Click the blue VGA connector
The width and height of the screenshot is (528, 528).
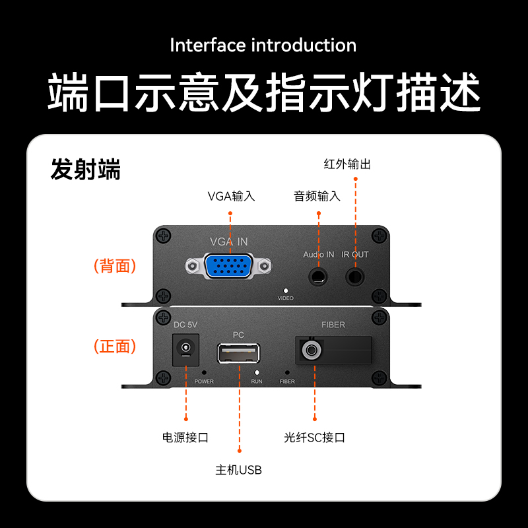pyautogui.click(x=228, y=266)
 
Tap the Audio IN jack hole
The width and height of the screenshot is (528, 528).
pyautogui.click(x=318, y=277)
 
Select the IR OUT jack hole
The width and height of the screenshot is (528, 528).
pyautogui.click(x=355, y=277)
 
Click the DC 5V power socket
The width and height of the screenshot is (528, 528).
pyautogui.click(x=185, y=350)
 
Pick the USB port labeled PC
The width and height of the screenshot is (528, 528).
pyautogui.click(x=238, y=353)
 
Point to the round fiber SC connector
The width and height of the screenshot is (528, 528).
pyautogui.click(x=311, y=350)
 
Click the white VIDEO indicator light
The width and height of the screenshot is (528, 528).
pyautogui.click(x=286, y=290)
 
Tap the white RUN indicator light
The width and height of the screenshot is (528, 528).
pyautogui.click(x=257, y=372)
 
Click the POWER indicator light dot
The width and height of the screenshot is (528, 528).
pyautogui.click(x=204, y=372)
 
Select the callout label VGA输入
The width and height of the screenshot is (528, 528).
pyautogui.click(x=232, y=196)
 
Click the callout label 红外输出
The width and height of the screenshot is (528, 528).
pyautogui.click(x=347, y=164)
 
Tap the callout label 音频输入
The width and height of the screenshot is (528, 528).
pyautogui.click(x=317, y=196)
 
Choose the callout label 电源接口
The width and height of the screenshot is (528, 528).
pyautogui.click(x=185, y=438)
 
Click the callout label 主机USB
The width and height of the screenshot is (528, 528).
pyautogui.click(x=238, y=470)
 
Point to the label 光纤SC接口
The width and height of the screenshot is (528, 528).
pyautogui.click(x=315, y=438)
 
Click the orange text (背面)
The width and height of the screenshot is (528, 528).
pyautogui.click(x=115, y=266)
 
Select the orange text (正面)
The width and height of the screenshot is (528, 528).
pyautogui.click(x=115, y=346)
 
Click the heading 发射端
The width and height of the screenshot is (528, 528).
pyautogui.click(x=86, y=169)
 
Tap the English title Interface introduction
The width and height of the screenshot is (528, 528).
pyautogui.click(x=263, y=45)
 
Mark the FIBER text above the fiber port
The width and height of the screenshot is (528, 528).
pyautogui.click(x=333, y=325)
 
